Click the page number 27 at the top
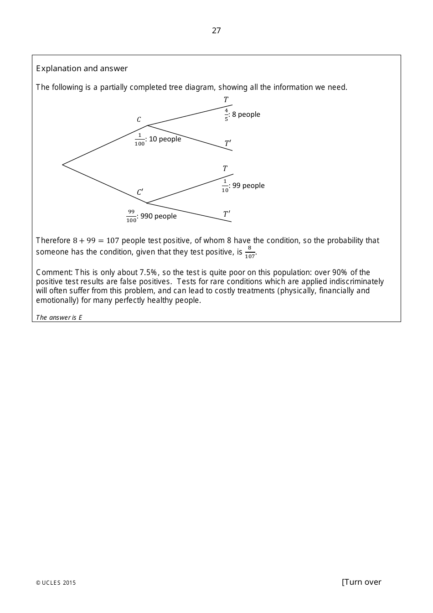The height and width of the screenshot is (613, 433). (216, 31)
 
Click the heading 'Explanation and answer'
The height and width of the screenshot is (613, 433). (82, 68)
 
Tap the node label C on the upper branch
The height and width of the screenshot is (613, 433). (139, 120)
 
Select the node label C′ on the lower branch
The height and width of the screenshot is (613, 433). (140, 192)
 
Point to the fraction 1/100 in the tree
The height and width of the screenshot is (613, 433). (139, 139)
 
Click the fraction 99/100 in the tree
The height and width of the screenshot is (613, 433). (131, 216)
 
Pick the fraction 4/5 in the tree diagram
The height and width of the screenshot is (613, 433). (226, 114)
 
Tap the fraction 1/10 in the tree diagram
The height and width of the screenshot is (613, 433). (225, 186)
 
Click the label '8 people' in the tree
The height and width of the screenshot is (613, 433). (246, 114)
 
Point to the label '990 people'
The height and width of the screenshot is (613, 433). (159, 216)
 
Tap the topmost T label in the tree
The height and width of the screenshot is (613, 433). (226, 99)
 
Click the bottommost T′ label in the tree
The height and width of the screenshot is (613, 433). (227, 214)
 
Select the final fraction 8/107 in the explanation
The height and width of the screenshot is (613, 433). (250, 252)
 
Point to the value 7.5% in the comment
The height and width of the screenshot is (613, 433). (149, 272)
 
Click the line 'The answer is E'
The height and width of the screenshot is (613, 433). (59, 317)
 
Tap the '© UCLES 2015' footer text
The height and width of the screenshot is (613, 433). (56, 582)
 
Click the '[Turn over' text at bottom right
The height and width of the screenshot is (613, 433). (361, 582)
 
